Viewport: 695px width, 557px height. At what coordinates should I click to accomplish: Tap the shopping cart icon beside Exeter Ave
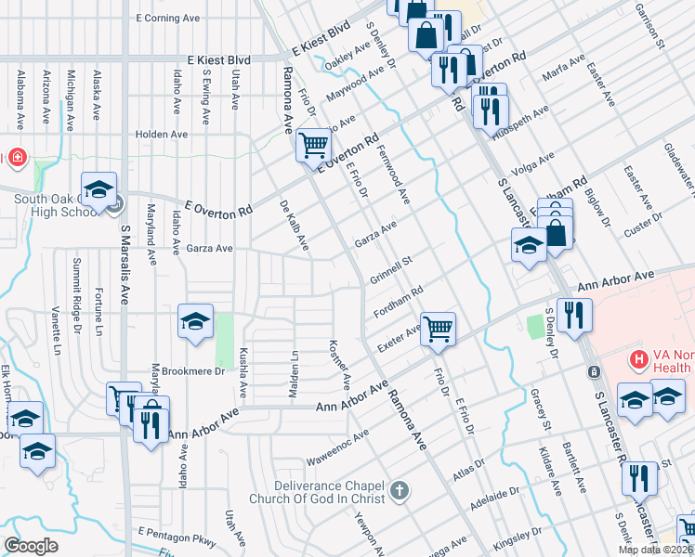[x=438, y=328]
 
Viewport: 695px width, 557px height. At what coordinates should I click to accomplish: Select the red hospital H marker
[x=638, y=358]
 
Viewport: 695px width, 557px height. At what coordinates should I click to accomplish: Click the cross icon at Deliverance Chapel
[x=399, y=489]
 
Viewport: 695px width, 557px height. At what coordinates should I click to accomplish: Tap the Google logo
[x=31, y=546]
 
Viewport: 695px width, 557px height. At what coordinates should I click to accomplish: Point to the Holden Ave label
[x=162, y=134]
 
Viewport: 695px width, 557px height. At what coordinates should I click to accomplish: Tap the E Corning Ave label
[x=168, y=18]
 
